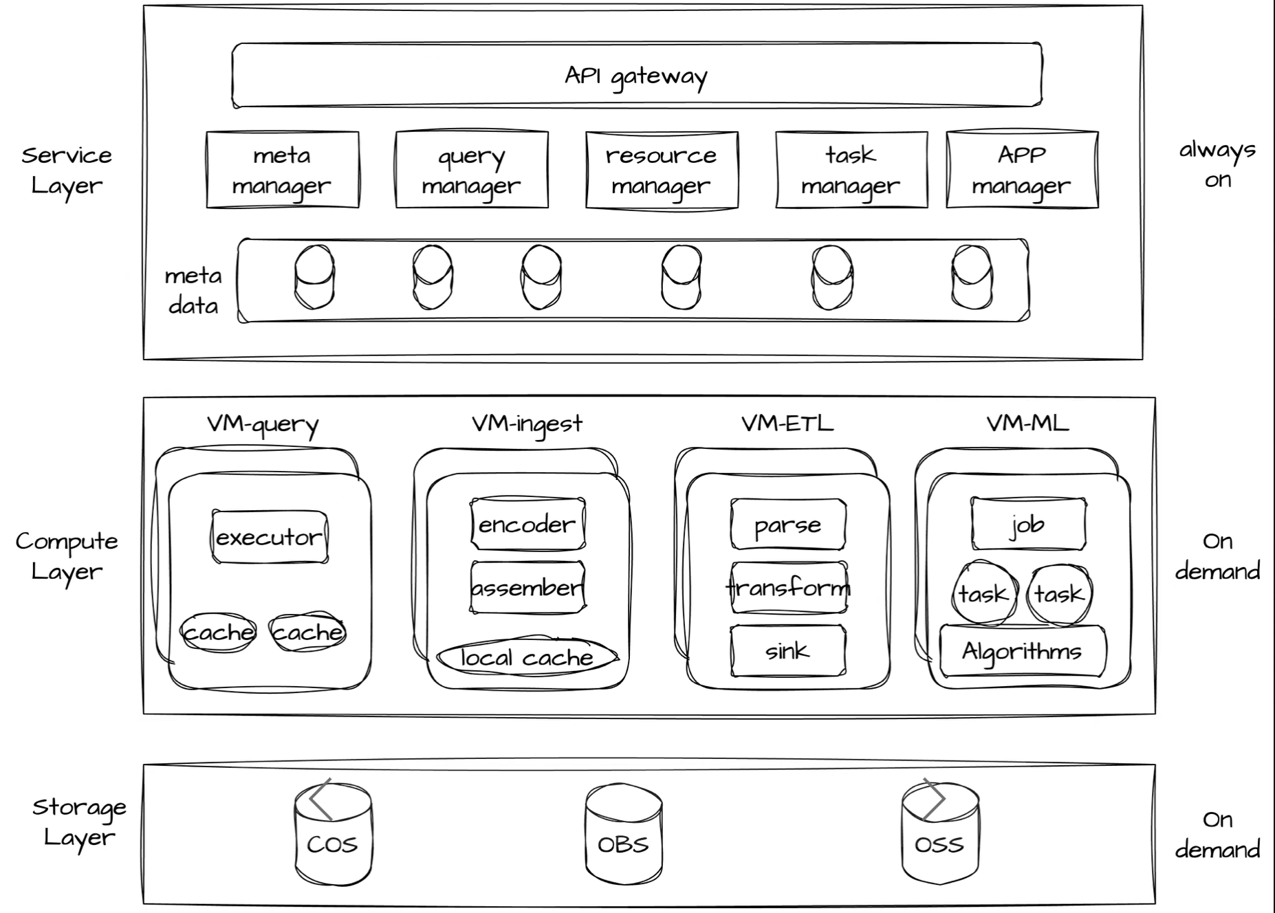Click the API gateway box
click(637, 76)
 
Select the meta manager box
click(282, 170)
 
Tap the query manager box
click(472, 170)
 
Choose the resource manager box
click(662, 170)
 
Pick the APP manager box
click(1022, 170)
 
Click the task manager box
click(851, 170)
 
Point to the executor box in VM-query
click(270, 537)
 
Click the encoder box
click(527, 525)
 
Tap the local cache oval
click(527, 658)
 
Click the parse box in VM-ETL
click(788, 525)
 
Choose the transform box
click(788, 588)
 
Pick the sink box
click(788, 650)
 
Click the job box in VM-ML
click(1028, 525)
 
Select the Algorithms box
click(1023, 650)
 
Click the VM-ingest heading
click(527, 423)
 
